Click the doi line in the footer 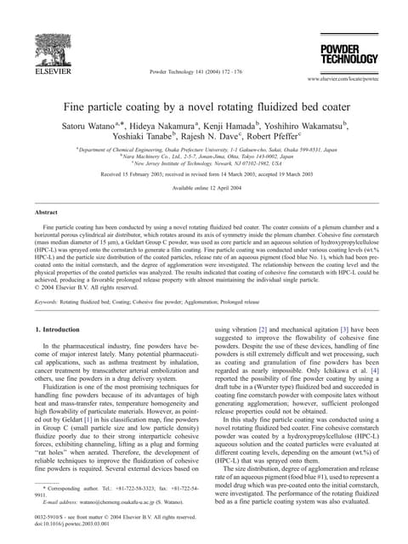tap(68, 524)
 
